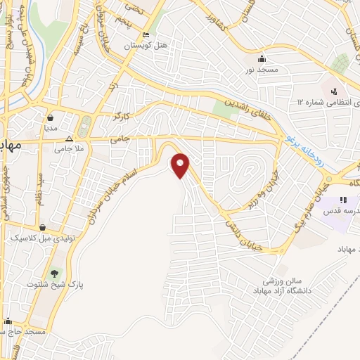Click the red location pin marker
[x=181, y=165]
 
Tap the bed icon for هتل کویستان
[x=146, y=36]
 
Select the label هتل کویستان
[x=146, y=46]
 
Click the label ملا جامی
[x=69, y=148]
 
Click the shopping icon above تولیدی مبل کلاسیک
[x=44, y=227]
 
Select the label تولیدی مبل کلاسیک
[x=44, y=238]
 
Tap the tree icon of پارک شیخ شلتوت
[x=55, y=272]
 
